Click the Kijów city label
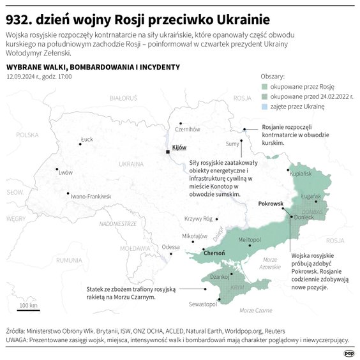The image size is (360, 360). [179, 147]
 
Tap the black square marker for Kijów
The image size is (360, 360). [168, 152]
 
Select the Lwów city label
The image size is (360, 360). [65, 172]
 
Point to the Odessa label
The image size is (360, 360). [170, 247]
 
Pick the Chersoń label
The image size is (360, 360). [214, 253]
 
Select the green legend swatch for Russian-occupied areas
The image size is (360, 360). [266, 86]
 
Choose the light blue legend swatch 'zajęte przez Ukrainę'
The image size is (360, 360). [266, 107]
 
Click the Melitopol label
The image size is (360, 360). [250, 239]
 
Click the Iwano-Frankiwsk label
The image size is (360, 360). [92, 196]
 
